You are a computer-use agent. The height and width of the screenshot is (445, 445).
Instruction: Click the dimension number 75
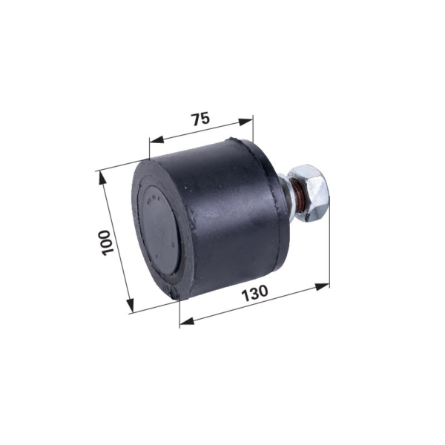pyautogui.click(x=201, y=119)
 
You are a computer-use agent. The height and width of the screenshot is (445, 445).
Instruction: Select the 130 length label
pyautogui.click(x=254, y=294)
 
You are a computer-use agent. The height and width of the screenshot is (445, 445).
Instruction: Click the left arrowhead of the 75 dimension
pyautogui.click(x=157, y=139)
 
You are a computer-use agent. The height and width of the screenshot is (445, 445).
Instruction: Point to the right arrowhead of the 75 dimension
pyautogui.click(x=245, y=122)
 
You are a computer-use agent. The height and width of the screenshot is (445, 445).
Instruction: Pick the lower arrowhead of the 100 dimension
pyautogui.click(x=130, y=306)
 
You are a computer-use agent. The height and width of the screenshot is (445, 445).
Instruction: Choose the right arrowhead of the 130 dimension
pyautogui.click(x=322, y=286)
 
